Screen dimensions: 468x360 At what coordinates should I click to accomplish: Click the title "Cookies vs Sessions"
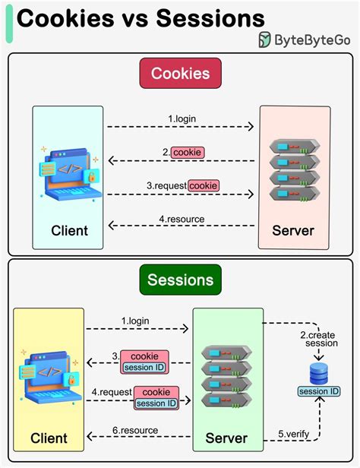click(x=141, y=17)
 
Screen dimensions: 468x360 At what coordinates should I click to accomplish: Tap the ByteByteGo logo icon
click(x=265, y=40)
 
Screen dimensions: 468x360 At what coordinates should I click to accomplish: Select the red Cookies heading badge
click(x=180, y=74)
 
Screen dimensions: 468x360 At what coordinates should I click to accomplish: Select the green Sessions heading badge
click(x=180, y=280)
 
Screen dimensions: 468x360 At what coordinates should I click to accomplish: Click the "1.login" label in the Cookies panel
click(x=182, y=119)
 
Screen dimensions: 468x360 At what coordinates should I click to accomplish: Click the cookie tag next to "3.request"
click(x=204, y=185)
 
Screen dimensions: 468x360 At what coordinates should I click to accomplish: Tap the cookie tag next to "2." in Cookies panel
click(x=187, y=152)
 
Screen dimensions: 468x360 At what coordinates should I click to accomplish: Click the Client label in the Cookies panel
click(x=69, y=230)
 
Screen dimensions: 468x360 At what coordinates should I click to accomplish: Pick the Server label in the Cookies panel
click(x=292, y=230)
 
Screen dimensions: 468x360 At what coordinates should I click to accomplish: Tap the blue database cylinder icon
click(x=318, y=373)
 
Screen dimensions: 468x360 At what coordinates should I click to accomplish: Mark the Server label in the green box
click(x=226, y=438)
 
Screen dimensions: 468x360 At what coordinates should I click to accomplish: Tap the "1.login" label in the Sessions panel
click(x=135, y=321)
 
